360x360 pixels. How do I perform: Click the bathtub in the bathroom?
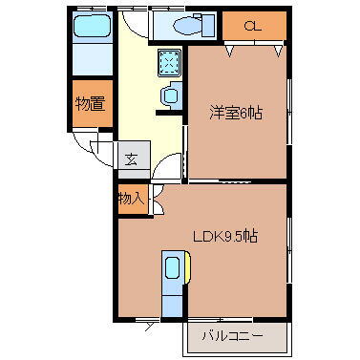click(x=93, y=27)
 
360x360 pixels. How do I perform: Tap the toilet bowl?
click(x=187, y=25)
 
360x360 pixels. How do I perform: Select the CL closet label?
click(x=253, y=26)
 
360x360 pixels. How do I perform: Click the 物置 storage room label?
click(x=91, y=103)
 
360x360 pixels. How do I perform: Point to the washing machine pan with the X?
click(x=170, y=63)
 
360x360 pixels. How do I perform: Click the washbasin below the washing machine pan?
click(x=170, y=95)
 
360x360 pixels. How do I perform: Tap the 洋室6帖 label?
click(x=236, y=113)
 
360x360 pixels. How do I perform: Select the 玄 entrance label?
click(x=131, y=159)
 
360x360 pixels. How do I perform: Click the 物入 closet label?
click(x=131, y=200)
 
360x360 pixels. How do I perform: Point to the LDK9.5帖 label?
click(x=225, y=236)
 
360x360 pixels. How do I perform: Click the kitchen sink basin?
click(x=173, y=268)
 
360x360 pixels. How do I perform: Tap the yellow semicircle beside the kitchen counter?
click(x=188, y=267)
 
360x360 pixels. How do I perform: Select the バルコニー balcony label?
click(x=232, y=336)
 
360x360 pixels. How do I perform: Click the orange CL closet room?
click(x=254, y=26)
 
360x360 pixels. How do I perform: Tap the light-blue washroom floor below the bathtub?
click(x=93, y=59)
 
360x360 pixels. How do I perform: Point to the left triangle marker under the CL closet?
click(x=230, y=51)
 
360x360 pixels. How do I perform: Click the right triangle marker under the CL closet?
click(x=278, y=51)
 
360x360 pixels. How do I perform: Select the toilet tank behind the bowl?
click(x=208, y=26)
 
